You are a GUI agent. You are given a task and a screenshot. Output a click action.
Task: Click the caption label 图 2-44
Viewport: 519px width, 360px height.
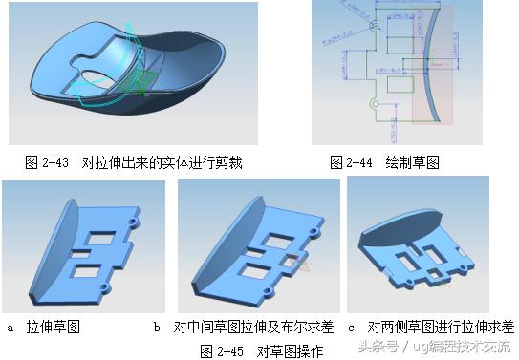350,163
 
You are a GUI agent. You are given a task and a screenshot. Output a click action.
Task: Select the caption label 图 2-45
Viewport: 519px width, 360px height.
222,350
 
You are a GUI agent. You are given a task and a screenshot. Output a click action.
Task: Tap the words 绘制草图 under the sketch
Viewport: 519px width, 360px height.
412,163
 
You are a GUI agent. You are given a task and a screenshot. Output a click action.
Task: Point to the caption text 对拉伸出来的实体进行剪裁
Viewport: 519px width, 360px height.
162,163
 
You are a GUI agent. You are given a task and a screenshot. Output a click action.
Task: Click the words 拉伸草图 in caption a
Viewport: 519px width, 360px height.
54,328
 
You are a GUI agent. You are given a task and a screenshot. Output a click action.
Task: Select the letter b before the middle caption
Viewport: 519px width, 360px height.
157,328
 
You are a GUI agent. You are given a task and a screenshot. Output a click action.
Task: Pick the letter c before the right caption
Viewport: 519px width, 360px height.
352,328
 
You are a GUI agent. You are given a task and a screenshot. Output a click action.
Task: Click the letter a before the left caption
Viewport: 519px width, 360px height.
11,328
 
